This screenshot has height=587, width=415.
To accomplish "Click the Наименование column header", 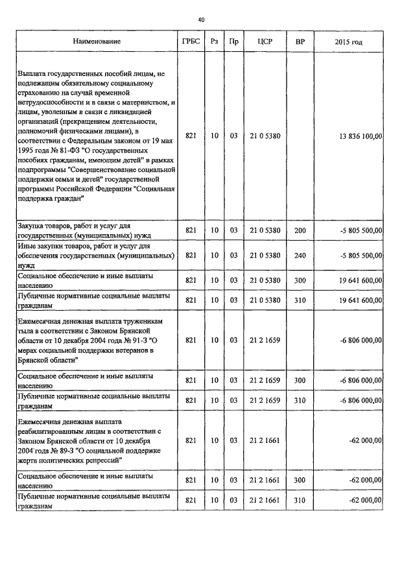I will [97, 42].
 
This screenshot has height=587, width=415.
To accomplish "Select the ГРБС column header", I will [191, 42].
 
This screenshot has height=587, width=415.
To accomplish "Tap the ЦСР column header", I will [265, 42].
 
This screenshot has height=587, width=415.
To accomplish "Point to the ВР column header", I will [300, 42].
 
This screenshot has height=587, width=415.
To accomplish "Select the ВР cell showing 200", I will [300, 230].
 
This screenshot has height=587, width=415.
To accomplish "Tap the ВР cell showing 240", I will [300, 255].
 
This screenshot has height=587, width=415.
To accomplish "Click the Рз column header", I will [215, 42].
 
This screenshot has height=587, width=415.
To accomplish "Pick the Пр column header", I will [233, 42].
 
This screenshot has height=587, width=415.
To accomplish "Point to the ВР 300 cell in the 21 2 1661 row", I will [300, 480].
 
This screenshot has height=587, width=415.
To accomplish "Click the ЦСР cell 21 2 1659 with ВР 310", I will [265, 401].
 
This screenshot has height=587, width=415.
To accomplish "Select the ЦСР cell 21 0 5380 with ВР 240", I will [265, 255].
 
